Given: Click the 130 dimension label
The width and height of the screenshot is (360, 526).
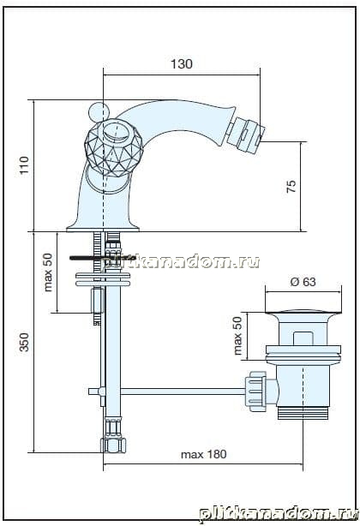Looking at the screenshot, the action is point(182,63).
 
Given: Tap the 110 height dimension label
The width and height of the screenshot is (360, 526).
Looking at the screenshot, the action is point(25,165).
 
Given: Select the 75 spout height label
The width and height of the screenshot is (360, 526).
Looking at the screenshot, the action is point(291,186).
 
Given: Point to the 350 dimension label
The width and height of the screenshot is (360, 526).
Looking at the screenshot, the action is point(24,342).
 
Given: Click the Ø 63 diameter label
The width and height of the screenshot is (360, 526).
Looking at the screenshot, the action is point(303,282).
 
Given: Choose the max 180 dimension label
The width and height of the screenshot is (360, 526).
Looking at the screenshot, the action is point(204,454).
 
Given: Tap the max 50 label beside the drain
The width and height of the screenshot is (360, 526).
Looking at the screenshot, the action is point(237,336).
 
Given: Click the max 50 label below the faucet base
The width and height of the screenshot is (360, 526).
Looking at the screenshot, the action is point(48,272).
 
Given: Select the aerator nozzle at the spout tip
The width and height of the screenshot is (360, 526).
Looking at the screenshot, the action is point(246,133).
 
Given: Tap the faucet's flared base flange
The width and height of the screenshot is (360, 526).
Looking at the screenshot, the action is point(103,228).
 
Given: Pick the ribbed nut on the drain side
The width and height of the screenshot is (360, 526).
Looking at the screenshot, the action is point(255,392).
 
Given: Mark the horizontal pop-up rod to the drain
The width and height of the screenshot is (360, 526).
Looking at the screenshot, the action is point(183,392).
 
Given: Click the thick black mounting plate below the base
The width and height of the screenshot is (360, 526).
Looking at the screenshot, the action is point(103,258).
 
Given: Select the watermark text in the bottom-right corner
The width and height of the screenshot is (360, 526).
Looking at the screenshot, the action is point(279,513).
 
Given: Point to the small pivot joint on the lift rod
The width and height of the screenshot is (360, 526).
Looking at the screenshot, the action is point(101,392).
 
